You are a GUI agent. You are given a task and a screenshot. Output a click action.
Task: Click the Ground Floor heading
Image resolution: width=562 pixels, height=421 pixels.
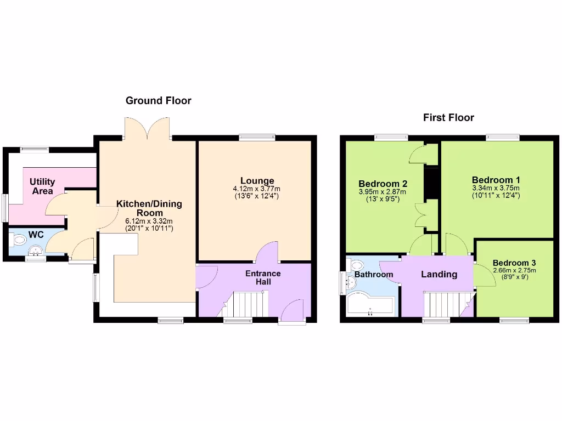(158, 100)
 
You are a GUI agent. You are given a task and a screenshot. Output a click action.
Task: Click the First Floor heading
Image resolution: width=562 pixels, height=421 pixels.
(448, 117)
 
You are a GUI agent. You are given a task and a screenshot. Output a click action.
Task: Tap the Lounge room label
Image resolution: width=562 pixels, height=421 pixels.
(257, 181)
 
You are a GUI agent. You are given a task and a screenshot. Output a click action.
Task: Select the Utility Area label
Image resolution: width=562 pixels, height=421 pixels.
(42, 186)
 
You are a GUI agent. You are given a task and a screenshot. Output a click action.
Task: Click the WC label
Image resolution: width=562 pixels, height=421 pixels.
(36, 235)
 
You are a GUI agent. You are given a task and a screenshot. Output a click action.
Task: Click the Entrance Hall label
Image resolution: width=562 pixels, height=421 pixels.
(263, 277)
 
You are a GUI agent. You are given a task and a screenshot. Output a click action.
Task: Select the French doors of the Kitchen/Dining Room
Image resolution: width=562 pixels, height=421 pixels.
(147, 128)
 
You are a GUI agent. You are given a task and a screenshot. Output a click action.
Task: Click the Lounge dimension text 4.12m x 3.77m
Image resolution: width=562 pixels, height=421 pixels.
(257, 189)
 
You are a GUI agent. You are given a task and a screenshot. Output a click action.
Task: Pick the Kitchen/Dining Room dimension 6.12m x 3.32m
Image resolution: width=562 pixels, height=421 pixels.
(149, 221)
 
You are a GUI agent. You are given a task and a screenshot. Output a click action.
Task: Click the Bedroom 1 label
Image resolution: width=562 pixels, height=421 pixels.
(496, 180)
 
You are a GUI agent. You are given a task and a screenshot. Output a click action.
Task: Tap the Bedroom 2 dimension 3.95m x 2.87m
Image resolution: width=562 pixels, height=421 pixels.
(383, 192)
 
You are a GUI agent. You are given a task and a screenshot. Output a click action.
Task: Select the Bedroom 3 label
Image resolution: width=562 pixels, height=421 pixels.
(514, 263)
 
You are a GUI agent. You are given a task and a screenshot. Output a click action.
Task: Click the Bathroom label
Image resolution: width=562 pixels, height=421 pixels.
(374, 274)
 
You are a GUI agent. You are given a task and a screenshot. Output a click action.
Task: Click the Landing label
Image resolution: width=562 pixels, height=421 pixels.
(439, 274)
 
